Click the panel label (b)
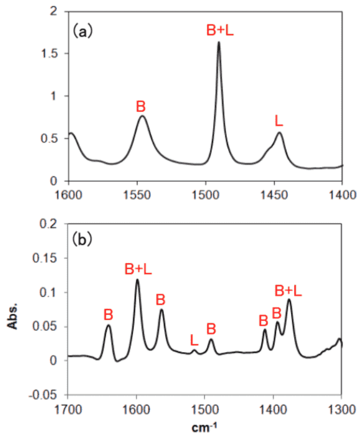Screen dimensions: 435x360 83,238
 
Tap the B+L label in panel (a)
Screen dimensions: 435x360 221,30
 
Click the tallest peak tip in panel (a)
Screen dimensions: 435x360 219,42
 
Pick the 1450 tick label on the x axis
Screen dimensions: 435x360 274,194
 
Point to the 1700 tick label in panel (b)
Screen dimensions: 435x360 68,407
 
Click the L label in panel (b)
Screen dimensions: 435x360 194,340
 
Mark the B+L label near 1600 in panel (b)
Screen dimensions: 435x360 138,269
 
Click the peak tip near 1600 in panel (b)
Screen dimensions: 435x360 137,280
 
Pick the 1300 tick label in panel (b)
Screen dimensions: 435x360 341,407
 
